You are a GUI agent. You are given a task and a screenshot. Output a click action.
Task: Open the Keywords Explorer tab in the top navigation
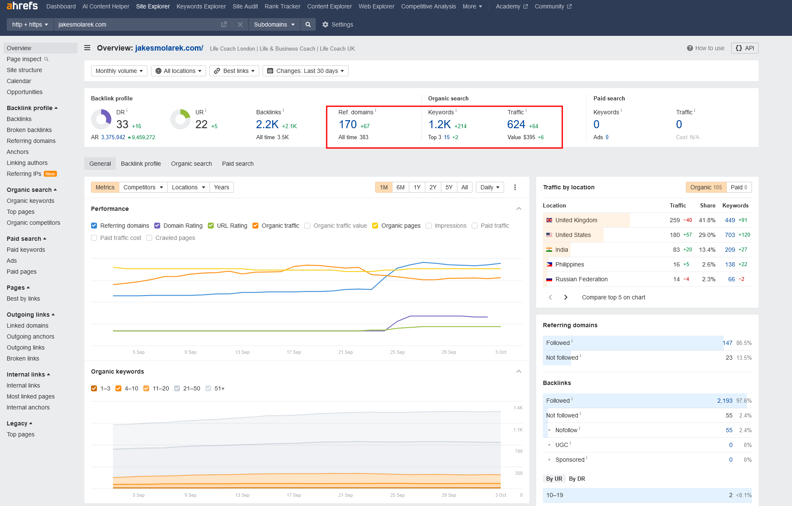201,6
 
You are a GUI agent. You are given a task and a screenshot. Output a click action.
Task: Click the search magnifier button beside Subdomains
308,24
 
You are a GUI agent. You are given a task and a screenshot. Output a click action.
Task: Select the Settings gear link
338,24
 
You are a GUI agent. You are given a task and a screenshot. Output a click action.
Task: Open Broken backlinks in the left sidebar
29,130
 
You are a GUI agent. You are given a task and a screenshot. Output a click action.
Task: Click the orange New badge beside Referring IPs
50,174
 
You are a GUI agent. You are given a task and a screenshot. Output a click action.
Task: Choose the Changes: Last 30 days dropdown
306,71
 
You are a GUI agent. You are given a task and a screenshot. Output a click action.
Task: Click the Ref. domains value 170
348,124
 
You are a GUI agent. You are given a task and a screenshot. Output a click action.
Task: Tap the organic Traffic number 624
516,124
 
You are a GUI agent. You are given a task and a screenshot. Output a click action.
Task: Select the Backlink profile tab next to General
141,164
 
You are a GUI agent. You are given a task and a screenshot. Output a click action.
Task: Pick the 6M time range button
400,187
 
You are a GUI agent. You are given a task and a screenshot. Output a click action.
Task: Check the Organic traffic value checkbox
307,226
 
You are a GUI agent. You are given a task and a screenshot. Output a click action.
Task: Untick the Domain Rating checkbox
157,226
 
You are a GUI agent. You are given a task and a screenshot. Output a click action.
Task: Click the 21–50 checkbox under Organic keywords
177,388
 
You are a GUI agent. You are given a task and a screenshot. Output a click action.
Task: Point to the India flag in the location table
549,250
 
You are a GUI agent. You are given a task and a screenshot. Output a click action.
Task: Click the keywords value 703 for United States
730,235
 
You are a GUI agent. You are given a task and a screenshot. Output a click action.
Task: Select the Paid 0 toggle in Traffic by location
739,187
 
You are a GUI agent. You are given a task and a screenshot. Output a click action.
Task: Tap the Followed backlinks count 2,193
725,401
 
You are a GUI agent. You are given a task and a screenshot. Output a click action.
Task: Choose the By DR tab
577,479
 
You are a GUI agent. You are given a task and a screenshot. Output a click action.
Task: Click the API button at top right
745,48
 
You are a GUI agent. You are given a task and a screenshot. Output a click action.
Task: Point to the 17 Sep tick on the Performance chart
294,352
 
